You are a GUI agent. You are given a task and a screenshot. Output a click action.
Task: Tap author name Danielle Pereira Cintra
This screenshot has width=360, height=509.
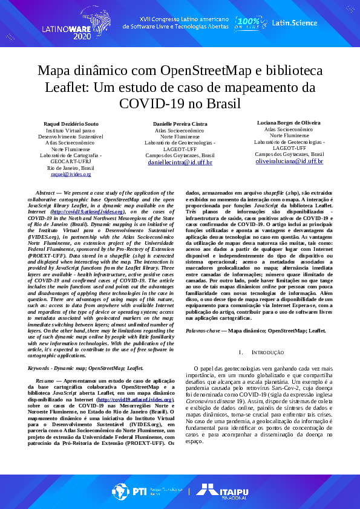[180, 123]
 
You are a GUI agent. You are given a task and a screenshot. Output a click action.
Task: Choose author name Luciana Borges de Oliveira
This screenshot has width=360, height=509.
[289, 123]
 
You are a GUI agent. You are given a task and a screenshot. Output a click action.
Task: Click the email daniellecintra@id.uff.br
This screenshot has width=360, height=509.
[180, 162]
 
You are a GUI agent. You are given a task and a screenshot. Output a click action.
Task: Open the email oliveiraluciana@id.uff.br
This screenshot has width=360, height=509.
[289, 161]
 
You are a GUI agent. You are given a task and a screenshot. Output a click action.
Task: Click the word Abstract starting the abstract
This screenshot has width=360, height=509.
[47, 193]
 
